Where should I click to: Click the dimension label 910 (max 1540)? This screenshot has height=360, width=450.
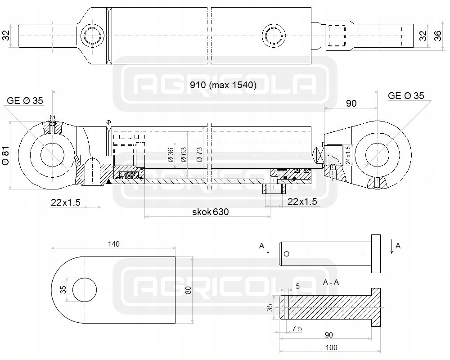click(x=223, y=85)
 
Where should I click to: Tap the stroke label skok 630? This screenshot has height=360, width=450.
click(x=210, y=212)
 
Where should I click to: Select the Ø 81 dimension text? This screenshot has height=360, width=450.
click(x=6, y=156)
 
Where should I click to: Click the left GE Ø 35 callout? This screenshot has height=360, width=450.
click(x=25, y=101)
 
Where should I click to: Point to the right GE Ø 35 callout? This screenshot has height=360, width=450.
click(x=406, y=95)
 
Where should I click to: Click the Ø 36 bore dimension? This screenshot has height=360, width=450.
click(x=171, y=155)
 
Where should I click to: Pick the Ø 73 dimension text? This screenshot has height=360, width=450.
click(x=199, y=155)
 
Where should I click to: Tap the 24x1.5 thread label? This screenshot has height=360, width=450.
click(x=348, y=155)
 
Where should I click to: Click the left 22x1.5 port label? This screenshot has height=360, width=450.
click(x=65, y=202)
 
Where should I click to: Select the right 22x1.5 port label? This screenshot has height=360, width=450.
click(x=302, y=202)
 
